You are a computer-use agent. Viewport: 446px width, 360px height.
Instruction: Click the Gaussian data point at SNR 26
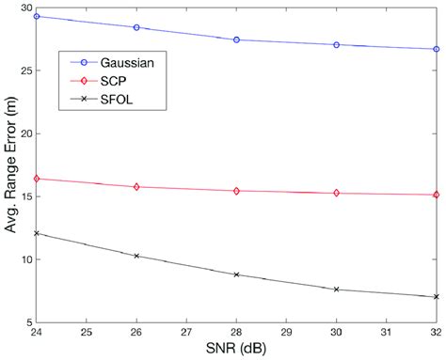(136, 27)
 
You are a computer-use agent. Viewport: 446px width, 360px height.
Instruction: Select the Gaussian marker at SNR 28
(236, 39)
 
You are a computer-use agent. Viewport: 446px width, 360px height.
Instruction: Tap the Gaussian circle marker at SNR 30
(336, 44)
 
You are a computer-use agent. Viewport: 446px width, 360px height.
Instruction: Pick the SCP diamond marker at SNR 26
(136, 187)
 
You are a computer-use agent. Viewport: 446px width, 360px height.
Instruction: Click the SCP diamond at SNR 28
(236, 191)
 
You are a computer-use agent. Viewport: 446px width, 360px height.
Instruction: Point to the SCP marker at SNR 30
(336, 193)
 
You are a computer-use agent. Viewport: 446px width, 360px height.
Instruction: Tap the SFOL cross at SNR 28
(236, 274)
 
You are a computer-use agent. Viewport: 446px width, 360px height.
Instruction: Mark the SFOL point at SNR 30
(336, 290)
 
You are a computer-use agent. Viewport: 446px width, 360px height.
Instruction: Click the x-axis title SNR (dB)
(235, 351)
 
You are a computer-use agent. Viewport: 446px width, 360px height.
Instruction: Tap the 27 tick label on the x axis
(186, 333)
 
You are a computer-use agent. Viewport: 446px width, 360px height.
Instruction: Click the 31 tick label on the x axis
(386, 333)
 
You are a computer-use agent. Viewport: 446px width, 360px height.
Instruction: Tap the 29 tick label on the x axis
(286, 333)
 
